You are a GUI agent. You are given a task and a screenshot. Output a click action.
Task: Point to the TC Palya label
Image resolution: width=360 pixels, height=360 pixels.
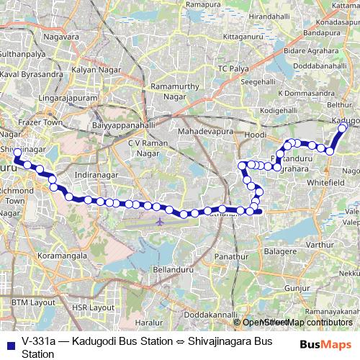(x=233, y=68)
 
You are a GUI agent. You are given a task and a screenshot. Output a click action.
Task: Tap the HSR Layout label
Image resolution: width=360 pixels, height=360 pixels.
(x=93, y=307)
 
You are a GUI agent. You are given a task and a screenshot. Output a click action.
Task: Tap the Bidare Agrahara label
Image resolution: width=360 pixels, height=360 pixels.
(x=310, y=52)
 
